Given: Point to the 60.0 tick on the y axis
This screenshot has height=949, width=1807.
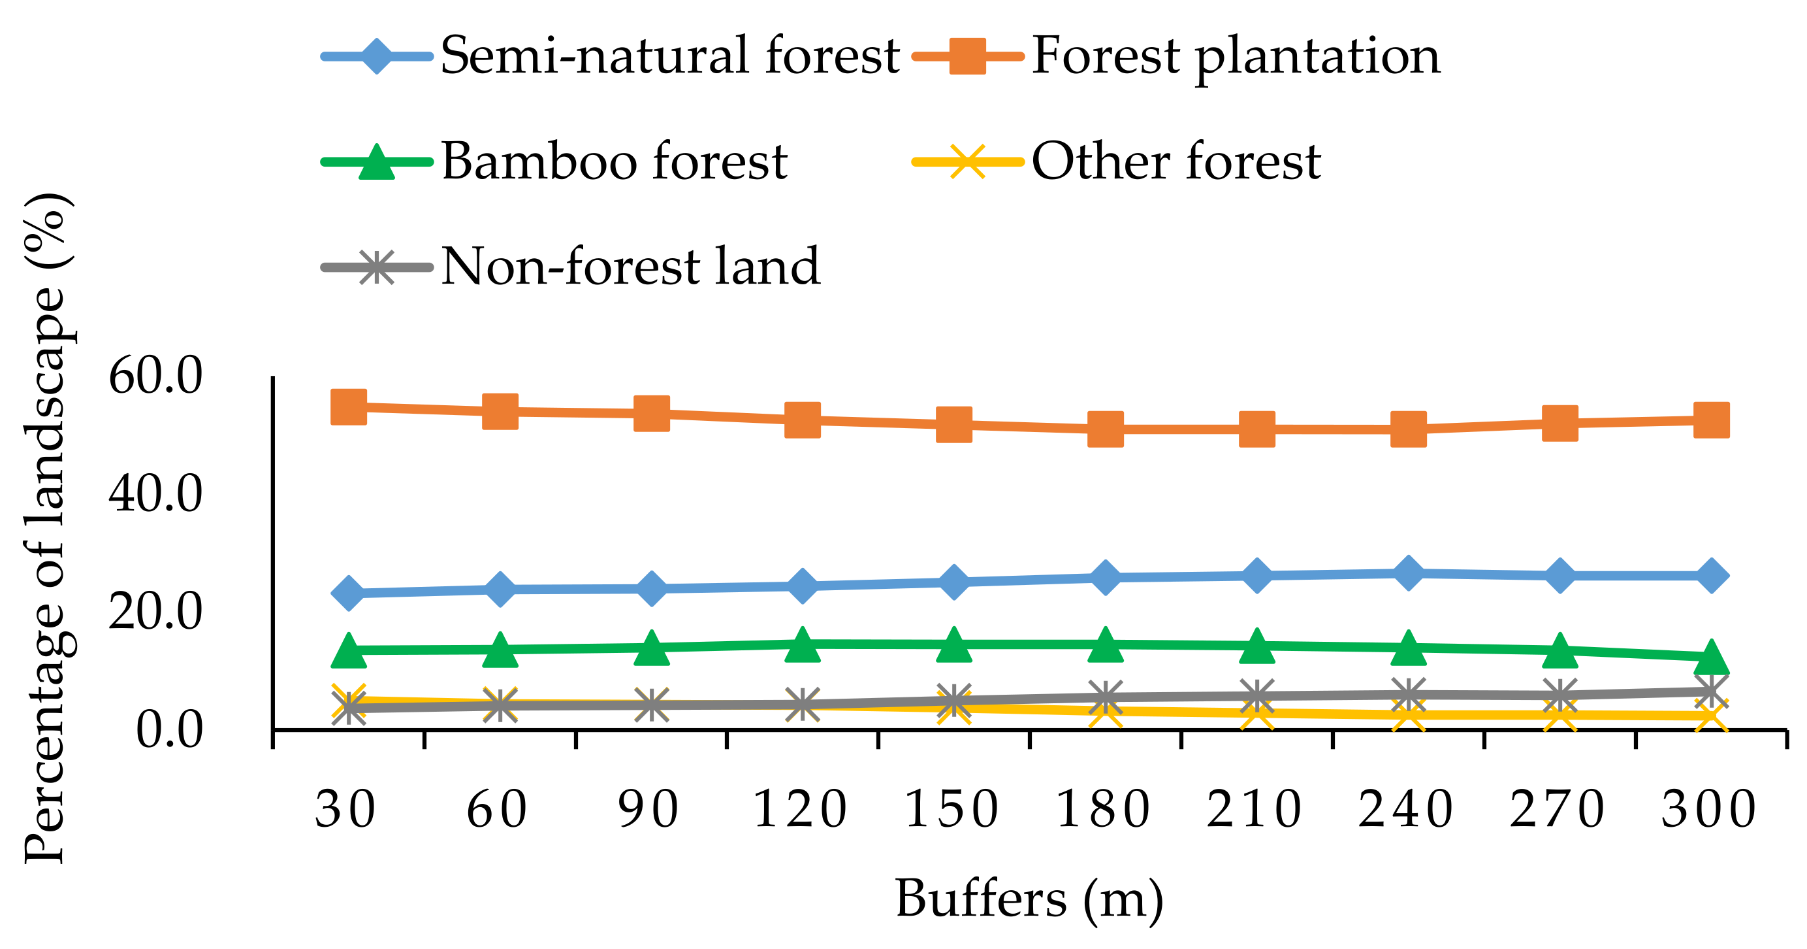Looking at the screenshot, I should point(155,376).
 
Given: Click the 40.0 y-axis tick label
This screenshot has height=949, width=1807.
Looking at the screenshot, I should point(155,493).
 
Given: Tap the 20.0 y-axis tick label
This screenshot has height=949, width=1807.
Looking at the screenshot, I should point(155,611).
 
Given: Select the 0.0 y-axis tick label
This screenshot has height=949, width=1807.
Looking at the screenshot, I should point(168,729).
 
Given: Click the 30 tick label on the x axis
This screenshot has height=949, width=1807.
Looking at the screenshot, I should point(345,809).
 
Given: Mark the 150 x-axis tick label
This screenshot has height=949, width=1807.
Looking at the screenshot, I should point(952,809).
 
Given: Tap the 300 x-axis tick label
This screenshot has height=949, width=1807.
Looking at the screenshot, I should point(1709,809).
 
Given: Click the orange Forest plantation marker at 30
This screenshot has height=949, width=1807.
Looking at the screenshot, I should point(349,407).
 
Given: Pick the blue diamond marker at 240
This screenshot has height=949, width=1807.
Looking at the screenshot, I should point(1409,573).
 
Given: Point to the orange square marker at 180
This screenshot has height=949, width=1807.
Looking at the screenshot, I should point(1106,429).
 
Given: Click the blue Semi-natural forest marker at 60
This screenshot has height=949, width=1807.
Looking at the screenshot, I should point(500,589).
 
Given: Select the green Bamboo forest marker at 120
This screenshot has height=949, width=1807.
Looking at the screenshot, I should point(803,644).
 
